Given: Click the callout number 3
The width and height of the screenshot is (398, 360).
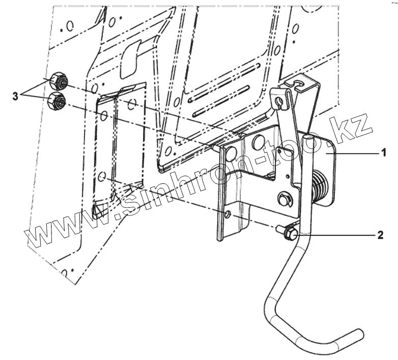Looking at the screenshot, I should point(16,95).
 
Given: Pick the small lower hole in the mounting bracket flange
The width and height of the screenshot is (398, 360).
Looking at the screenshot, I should point(228,214).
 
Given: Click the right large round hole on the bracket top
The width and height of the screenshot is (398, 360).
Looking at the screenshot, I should point(258,141).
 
